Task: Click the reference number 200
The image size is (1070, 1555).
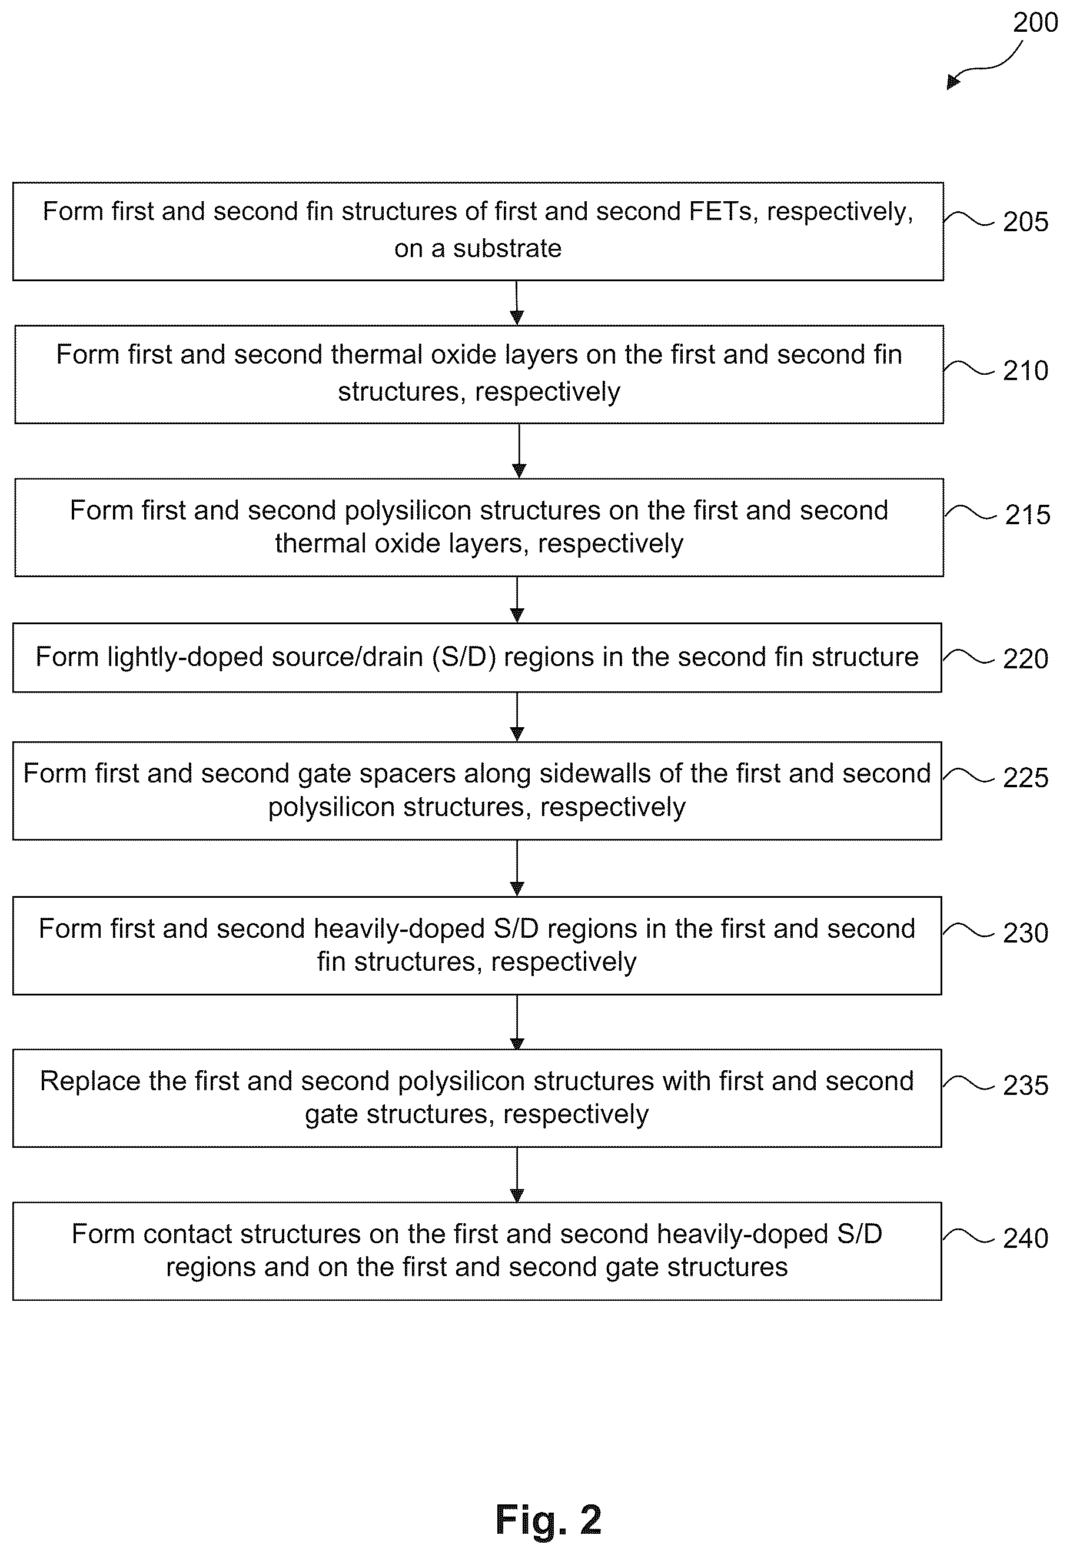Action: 1035,23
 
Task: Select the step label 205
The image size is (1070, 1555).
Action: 1025,222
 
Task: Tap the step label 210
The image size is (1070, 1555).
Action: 1025,371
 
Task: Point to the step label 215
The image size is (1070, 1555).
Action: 1027,515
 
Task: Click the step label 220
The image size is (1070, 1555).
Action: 1025,659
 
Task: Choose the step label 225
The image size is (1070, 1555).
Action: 1025,778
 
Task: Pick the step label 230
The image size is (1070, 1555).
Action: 1025,933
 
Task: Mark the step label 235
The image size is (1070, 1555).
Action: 1025,1085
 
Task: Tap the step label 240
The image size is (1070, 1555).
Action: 1025,1238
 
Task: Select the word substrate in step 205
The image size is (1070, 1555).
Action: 507,249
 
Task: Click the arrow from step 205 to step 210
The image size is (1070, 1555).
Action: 517,302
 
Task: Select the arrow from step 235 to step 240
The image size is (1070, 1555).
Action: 517,1175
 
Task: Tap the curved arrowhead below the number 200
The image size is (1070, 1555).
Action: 953,82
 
